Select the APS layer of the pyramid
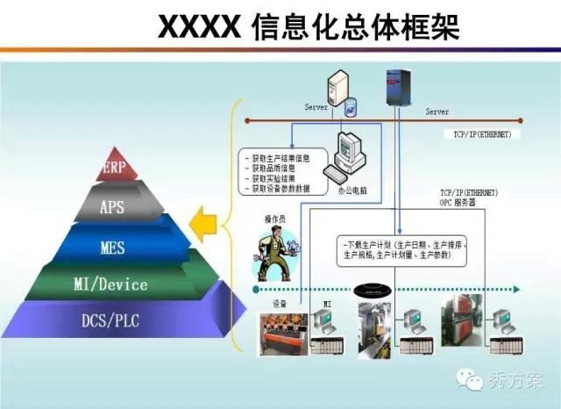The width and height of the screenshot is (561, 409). (111, 207)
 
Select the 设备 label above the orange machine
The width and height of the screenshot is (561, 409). (281, 304)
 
